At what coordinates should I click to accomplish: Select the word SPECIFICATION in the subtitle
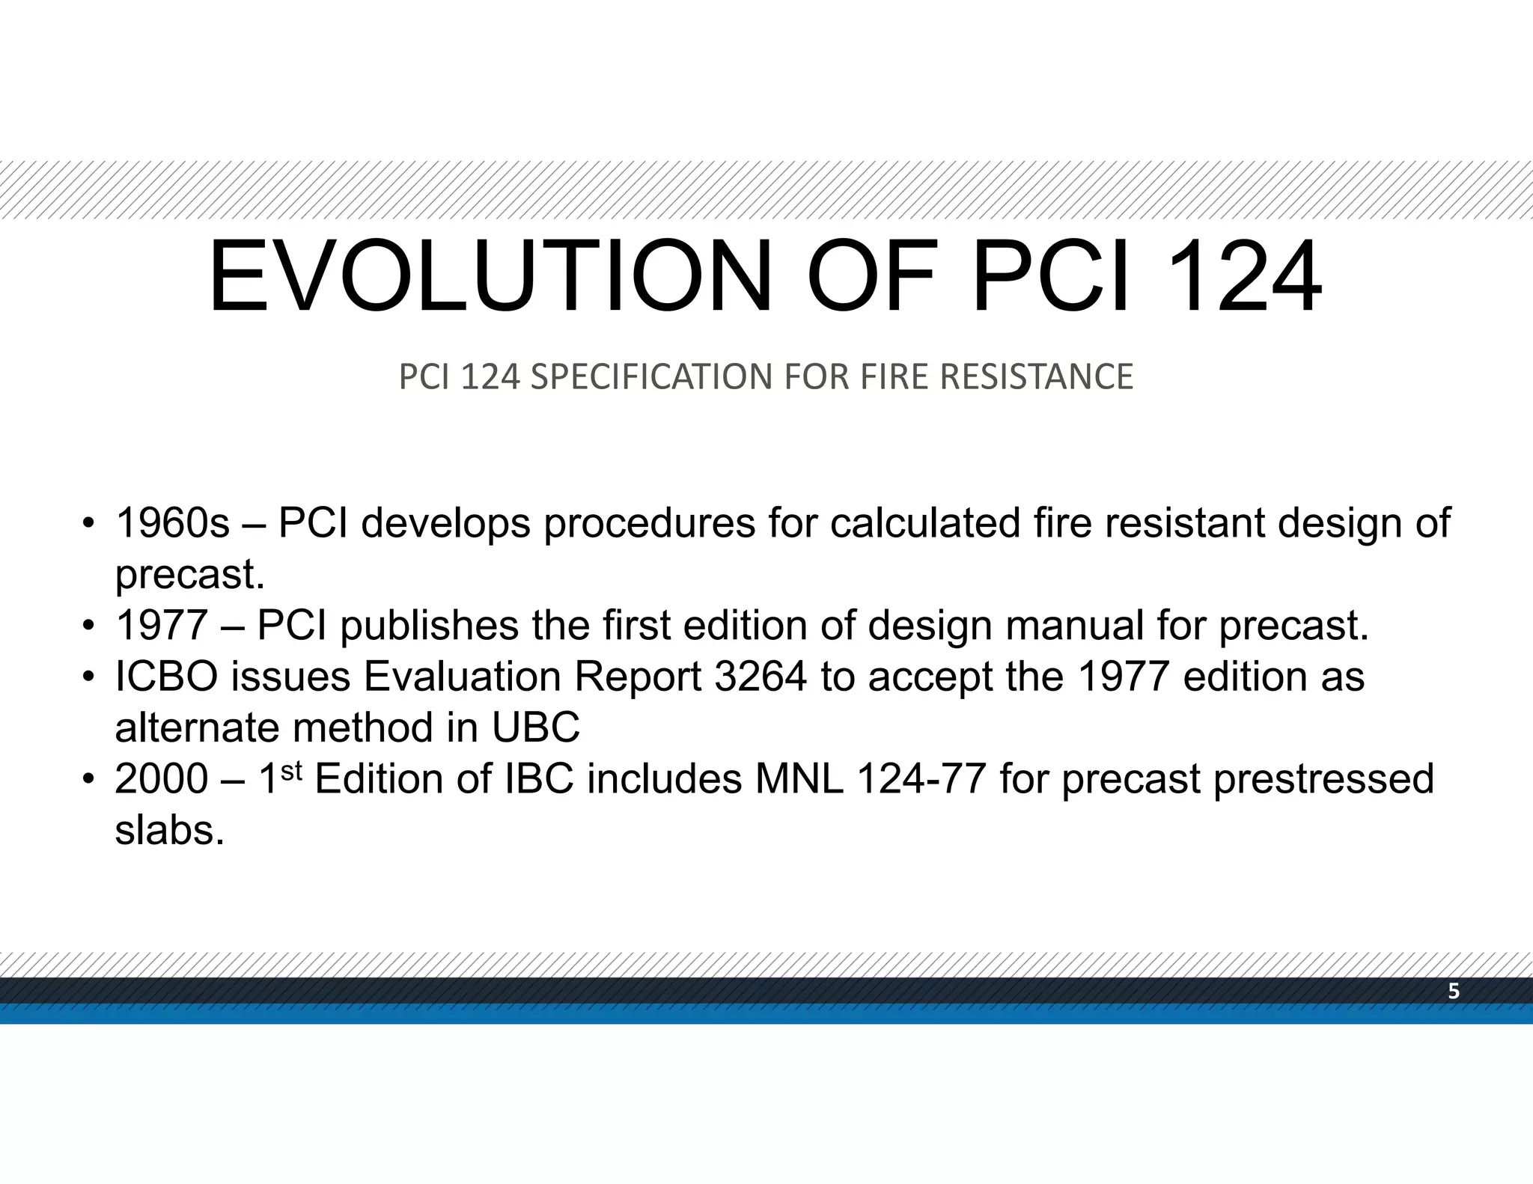click(x=650, y=376)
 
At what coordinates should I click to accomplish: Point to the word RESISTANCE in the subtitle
click(x=1036, y=376)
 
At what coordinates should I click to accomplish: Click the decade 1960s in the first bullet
click(x=172, y=522)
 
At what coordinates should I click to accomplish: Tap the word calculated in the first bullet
click(x=925, y=522)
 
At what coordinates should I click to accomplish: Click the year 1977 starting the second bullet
click(x=161, y=625)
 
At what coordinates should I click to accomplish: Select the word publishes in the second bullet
click(x=429, y=625)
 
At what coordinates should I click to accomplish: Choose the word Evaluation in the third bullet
click(x=462, y=677)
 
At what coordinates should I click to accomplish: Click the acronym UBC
click(x=535, y=727)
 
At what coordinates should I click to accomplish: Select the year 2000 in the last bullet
click(x=161, y=779)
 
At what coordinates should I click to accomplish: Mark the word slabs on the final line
click(x=169, y=830)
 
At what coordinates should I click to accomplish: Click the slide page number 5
click(x=1454, y=992)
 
